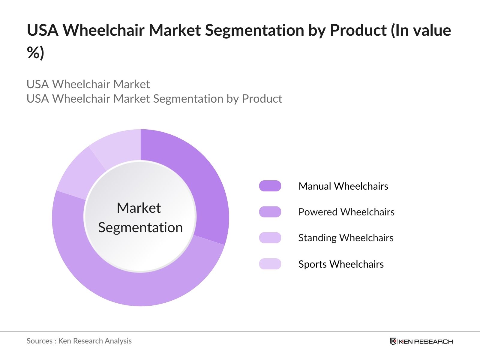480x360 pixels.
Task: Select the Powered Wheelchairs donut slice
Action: pos(140,289)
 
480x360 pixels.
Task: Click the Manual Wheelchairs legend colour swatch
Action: pos(270,186)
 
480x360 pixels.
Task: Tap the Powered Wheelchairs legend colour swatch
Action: pos(270,212)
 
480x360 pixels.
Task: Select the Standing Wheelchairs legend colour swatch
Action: pos(270,238)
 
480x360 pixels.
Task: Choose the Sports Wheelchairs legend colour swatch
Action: pos(270,264)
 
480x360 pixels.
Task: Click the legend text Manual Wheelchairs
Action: pos(343,186)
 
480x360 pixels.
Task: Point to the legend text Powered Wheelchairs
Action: pos(346,212)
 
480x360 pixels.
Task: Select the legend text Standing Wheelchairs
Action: pos(346,238)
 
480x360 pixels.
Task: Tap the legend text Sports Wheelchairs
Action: pos(341,264)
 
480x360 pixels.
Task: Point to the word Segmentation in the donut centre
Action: pos(140,228)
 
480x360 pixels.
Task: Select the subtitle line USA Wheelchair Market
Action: pos(88,84)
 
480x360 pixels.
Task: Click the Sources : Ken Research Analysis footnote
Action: pos(79,341)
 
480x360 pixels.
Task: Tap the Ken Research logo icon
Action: pos(393,341)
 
